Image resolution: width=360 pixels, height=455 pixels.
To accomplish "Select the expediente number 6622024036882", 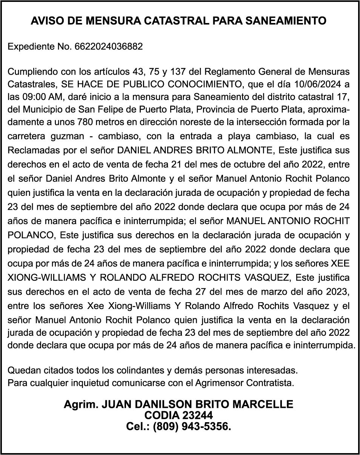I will (109, 47).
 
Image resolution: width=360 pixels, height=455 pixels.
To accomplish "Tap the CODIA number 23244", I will (197, 415).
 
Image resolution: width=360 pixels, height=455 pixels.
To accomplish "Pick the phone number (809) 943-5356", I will (192, 427).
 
